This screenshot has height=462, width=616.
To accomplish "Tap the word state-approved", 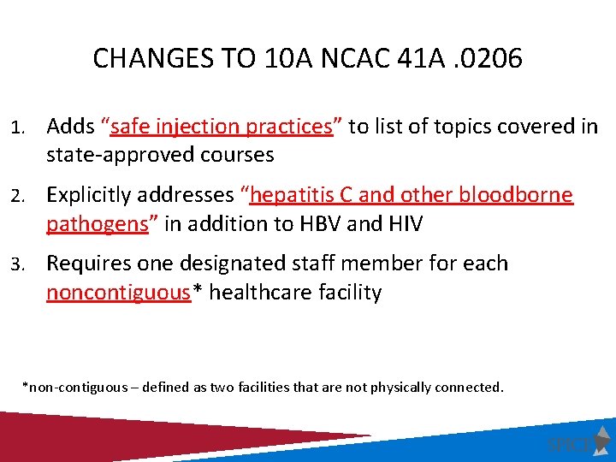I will coord(115,155).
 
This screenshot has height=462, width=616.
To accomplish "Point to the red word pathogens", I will coord(95,224).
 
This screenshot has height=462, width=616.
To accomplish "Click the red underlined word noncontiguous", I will coord(118,293).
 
